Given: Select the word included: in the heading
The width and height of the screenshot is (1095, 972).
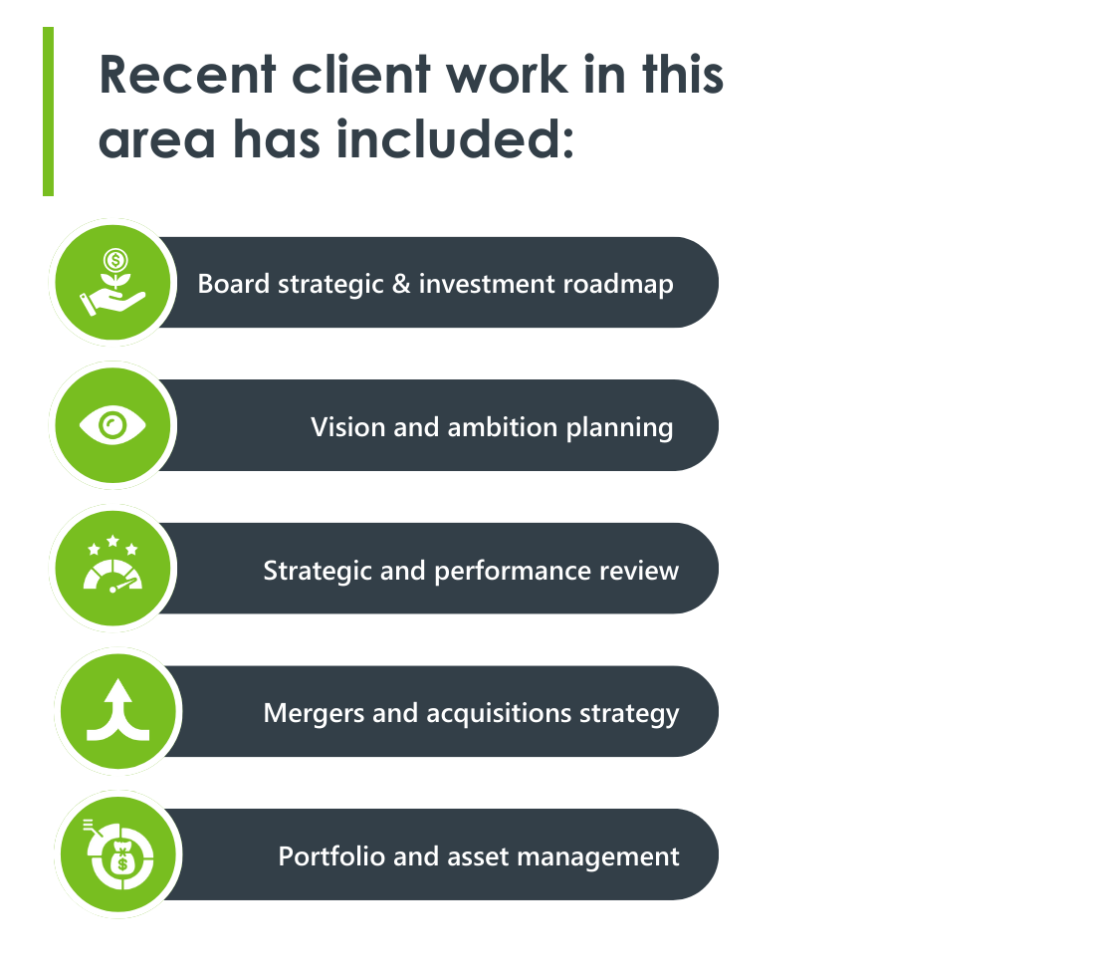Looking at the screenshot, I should [455, 139].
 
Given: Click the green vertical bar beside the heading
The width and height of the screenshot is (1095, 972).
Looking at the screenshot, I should [48, 112].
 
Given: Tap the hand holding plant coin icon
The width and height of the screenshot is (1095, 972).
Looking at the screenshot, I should [112, 283].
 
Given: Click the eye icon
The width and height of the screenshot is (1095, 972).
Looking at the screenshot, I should [112, 426].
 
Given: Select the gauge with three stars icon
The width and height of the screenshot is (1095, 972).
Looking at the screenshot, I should [112, 568].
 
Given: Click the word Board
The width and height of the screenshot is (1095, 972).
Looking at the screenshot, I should [234, 284].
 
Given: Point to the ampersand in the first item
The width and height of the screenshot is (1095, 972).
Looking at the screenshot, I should [401, 284].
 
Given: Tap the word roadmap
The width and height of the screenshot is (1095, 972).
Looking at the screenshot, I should [618, 285].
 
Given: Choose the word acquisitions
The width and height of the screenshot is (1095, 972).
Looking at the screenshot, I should [501, 714].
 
